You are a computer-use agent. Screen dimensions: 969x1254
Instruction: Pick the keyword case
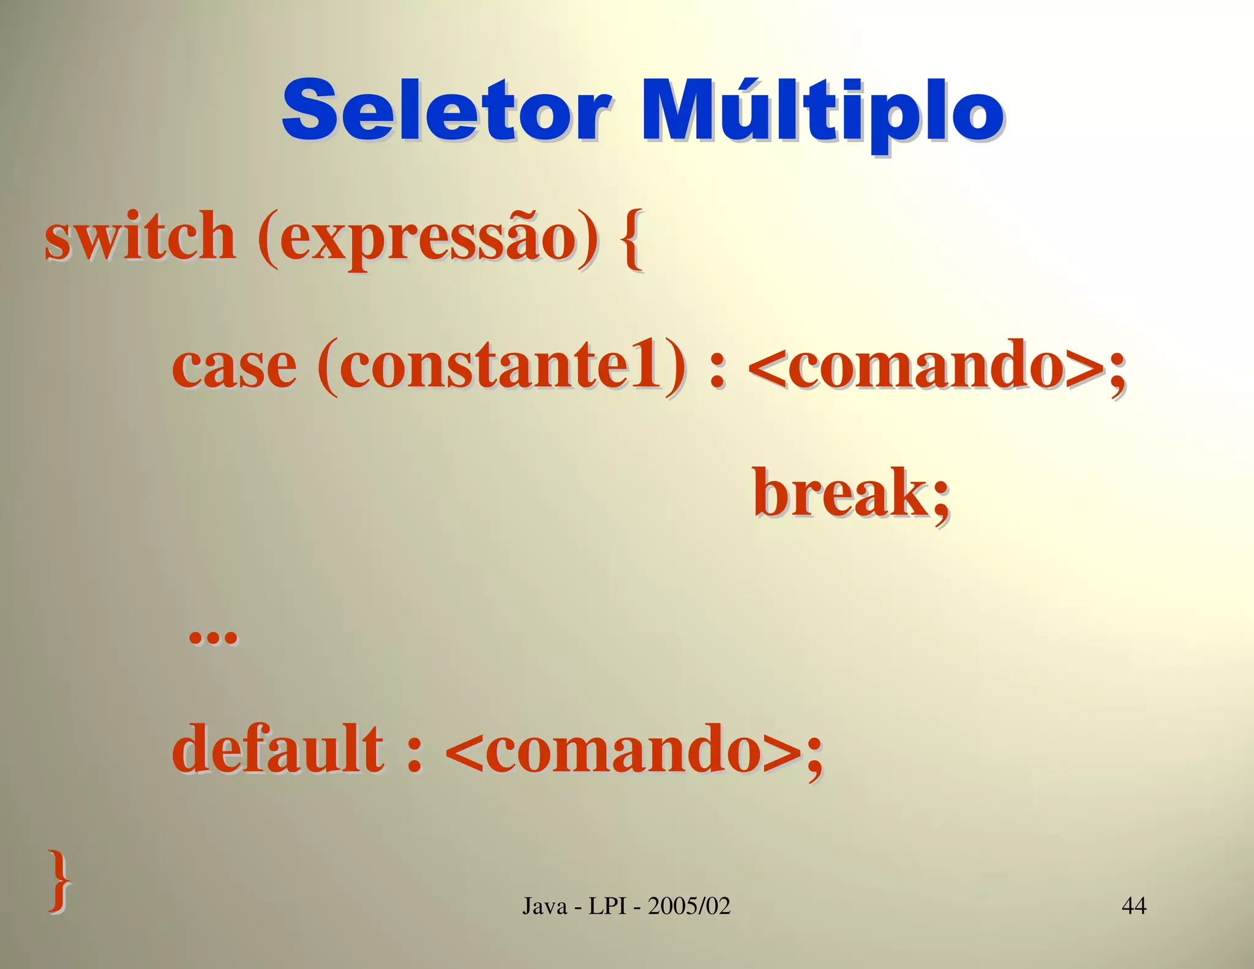tap(235, 366)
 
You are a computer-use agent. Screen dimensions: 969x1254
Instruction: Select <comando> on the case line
tap(928, 366)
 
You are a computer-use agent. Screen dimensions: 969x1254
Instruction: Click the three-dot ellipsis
tap(212, 637)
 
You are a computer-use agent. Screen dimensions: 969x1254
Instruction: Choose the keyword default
tap(277, 748)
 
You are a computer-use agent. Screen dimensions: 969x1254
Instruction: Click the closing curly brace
tap(59, 880)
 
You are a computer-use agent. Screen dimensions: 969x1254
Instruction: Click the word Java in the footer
tap(544, 905)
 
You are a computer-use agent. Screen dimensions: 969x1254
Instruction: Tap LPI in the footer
tap(607, 905)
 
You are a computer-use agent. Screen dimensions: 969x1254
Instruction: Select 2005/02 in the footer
tap(689, 905)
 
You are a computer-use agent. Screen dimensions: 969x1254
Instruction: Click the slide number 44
tap(1133, 905)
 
